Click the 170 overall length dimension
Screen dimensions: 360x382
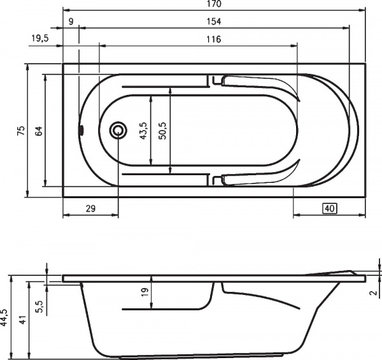tap(214, 4)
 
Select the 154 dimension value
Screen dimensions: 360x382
tap(214, 22)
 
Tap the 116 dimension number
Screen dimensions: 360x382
tap(214, 40)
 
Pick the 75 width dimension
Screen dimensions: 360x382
tap(21, 130)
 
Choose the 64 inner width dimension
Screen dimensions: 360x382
tap(39, 130)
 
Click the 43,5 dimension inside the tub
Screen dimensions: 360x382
tap(143, 130)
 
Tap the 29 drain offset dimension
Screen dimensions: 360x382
tap(90, 208)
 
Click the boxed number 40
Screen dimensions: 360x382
tap(329, 208)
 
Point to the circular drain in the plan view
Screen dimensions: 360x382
tap(118, 130)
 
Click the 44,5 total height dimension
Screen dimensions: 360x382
tap(4, 317)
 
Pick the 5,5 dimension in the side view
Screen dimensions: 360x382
tap(40, 306)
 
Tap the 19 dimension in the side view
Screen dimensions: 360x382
tap(145, 292)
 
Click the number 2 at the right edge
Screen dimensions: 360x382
tap(372, 293)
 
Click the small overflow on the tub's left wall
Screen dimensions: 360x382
tap(81, 130)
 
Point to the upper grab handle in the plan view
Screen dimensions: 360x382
tap(258, 85)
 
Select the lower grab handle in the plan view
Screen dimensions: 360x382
tap(258, 177)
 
